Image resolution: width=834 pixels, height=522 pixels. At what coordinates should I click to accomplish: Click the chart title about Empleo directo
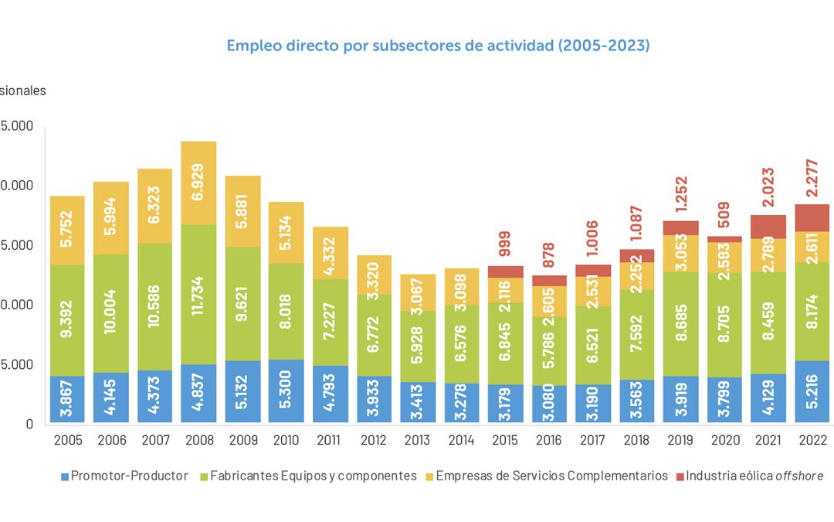438,46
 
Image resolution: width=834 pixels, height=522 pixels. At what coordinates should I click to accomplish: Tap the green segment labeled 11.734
198,295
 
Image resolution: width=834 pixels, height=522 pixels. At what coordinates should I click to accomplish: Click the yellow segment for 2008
198,183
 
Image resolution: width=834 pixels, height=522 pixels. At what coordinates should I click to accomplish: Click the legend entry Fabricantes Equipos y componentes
308,476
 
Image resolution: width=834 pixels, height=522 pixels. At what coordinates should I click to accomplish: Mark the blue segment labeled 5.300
286,391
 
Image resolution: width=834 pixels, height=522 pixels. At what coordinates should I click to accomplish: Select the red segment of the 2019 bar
680,228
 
